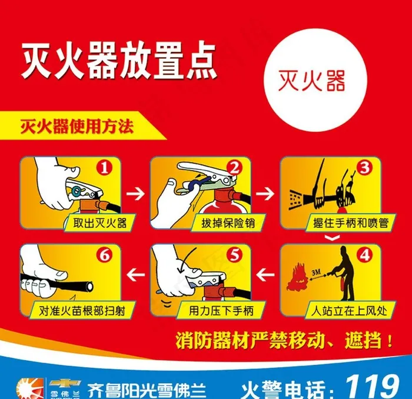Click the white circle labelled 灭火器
point(315,80)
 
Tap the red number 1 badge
point(105,168)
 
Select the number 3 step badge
point(365,168)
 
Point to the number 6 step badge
point(105,255)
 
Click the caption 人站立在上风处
point(349,311)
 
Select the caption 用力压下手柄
point(221,311)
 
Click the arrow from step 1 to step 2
point(135,194)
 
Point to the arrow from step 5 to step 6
point(135,275)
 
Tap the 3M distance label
point(317,272)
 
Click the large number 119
point(373,387)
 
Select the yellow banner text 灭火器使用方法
point(77,127)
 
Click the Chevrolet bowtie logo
point(65,384)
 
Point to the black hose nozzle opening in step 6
point(89,287)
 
